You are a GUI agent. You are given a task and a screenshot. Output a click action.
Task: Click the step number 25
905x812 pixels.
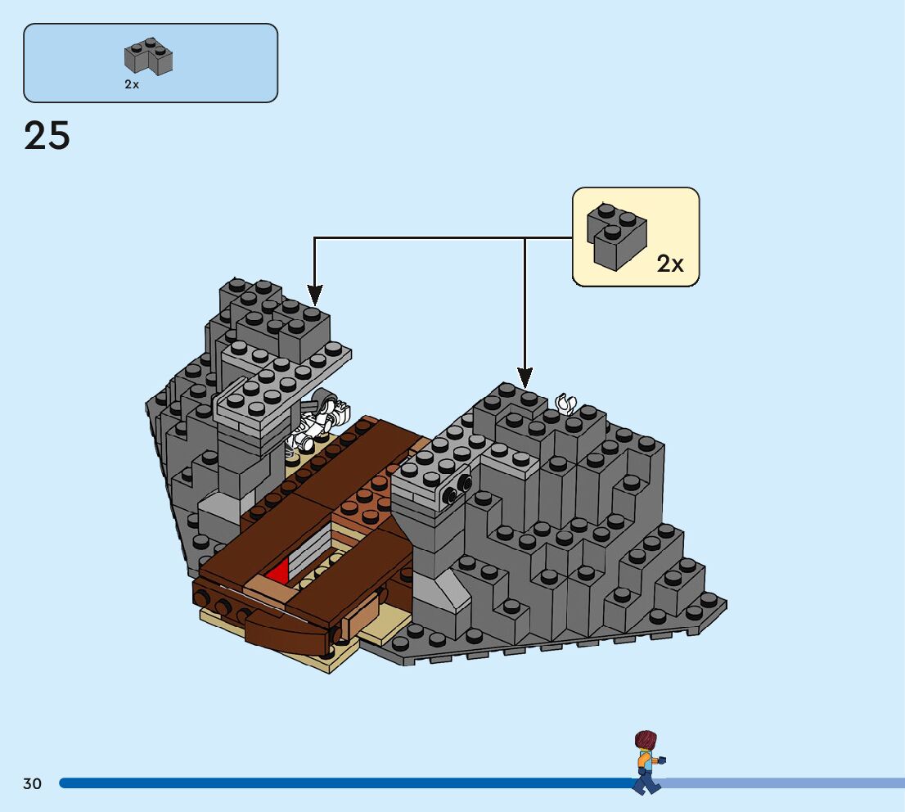(x=47, y=136)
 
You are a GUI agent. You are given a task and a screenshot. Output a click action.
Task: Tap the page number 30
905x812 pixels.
(x=32, y=784)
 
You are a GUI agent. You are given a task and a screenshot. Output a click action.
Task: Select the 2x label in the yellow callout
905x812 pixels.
(x=669, y=264)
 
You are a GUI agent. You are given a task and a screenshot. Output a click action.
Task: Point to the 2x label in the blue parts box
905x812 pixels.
(x=132, y=84)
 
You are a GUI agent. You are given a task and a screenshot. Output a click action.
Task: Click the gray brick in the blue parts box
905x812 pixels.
(x=148, y=56)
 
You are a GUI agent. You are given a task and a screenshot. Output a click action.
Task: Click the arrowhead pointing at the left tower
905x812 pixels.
(x=315, y=295)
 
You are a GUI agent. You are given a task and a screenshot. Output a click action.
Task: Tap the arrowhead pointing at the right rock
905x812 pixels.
(x=525, y=377)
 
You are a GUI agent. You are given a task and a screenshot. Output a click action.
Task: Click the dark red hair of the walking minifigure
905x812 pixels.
(x=646, y=740)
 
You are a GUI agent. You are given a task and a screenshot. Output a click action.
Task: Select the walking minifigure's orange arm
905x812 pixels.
(x=644, y=759)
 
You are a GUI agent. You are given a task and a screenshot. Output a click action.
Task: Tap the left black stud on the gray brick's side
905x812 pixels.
(x=449, y=494)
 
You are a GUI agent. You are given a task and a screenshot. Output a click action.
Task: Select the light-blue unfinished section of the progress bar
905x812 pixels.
(x=786, y=783)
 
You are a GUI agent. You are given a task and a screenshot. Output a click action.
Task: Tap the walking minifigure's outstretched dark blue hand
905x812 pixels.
(x=662, y=760)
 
